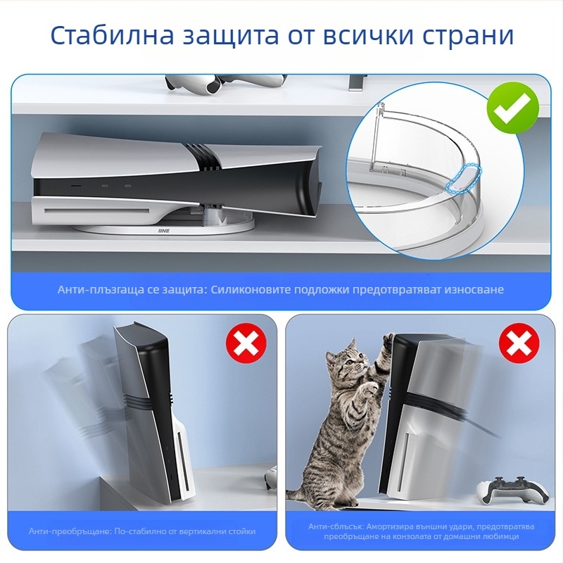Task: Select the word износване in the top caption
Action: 474,289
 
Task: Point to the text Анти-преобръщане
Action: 70,531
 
